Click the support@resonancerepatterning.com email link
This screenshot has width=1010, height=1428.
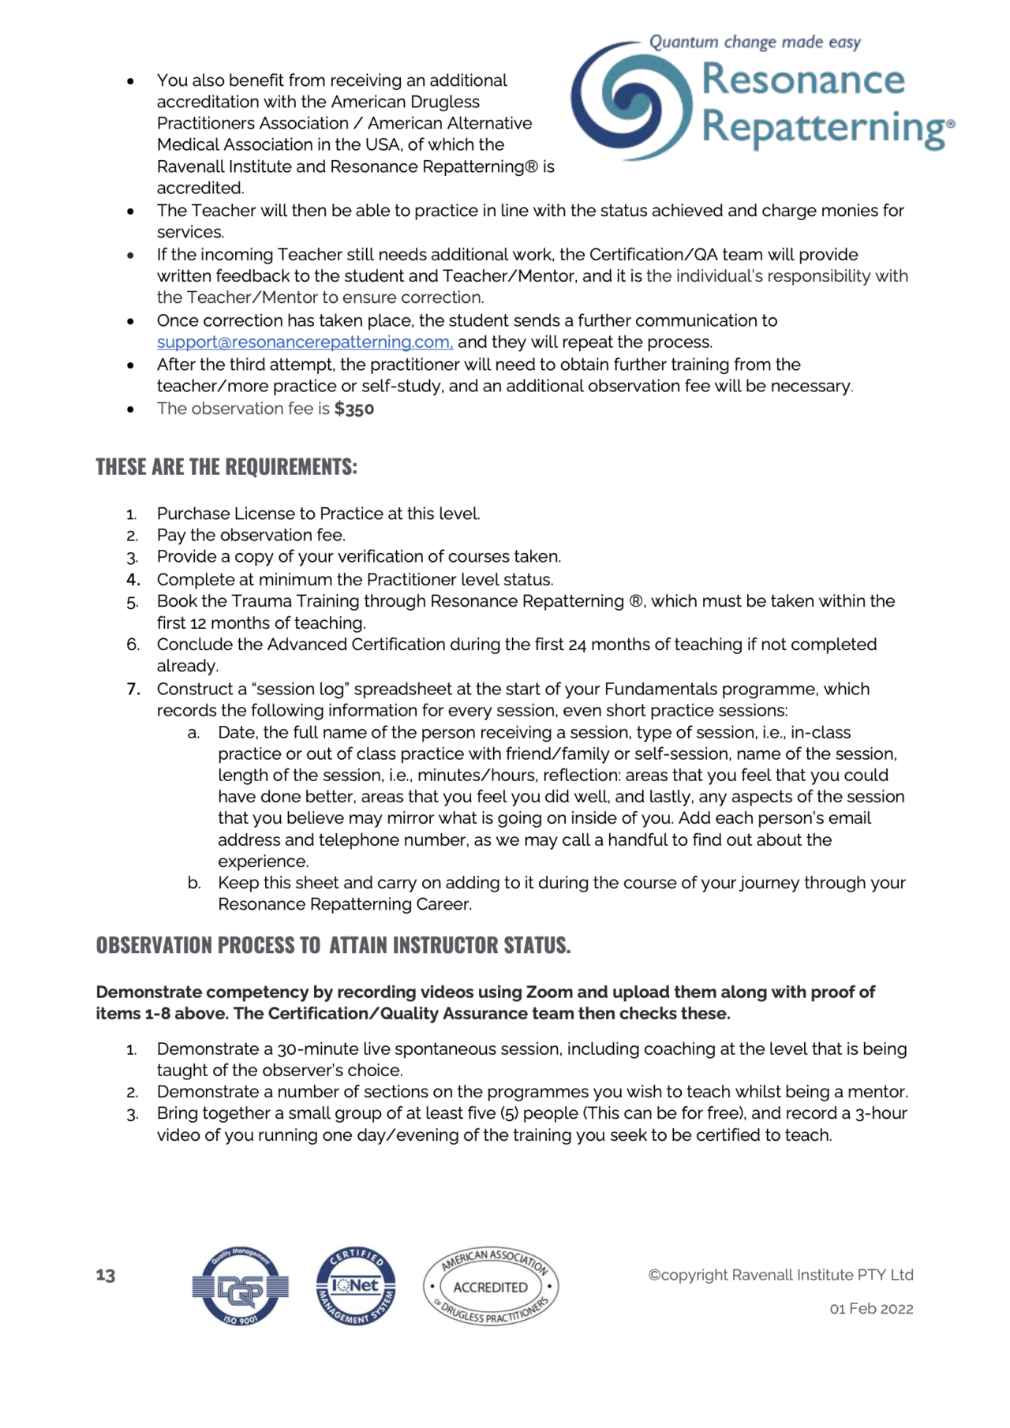click(305, 342)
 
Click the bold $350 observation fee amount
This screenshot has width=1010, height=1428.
click(353, 409)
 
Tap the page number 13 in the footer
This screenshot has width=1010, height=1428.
click(106, 1275)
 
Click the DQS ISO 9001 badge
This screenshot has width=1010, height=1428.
click(240, 1287)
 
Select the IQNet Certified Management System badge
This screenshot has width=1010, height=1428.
click(356, 1286)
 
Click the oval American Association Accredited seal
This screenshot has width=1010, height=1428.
click(491, 1287)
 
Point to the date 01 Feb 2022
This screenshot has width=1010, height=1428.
click(870, 1309)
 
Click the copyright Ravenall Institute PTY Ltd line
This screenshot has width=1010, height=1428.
click(780, 1275)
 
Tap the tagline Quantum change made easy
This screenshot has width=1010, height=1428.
click(754, 43)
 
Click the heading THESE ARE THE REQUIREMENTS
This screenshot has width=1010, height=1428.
click(226, 467)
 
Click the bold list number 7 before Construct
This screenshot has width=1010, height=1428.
click(133, 690)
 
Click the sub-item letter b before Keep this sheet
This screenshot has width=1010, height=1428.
click(194, 884)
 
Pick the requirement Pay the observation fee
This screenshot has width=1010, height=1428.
click(251, 536)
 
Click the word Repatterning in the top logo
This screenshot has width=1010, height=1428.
click(822, 128)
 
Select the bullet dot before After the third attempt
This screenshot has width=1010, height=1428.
click(130, 365)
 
